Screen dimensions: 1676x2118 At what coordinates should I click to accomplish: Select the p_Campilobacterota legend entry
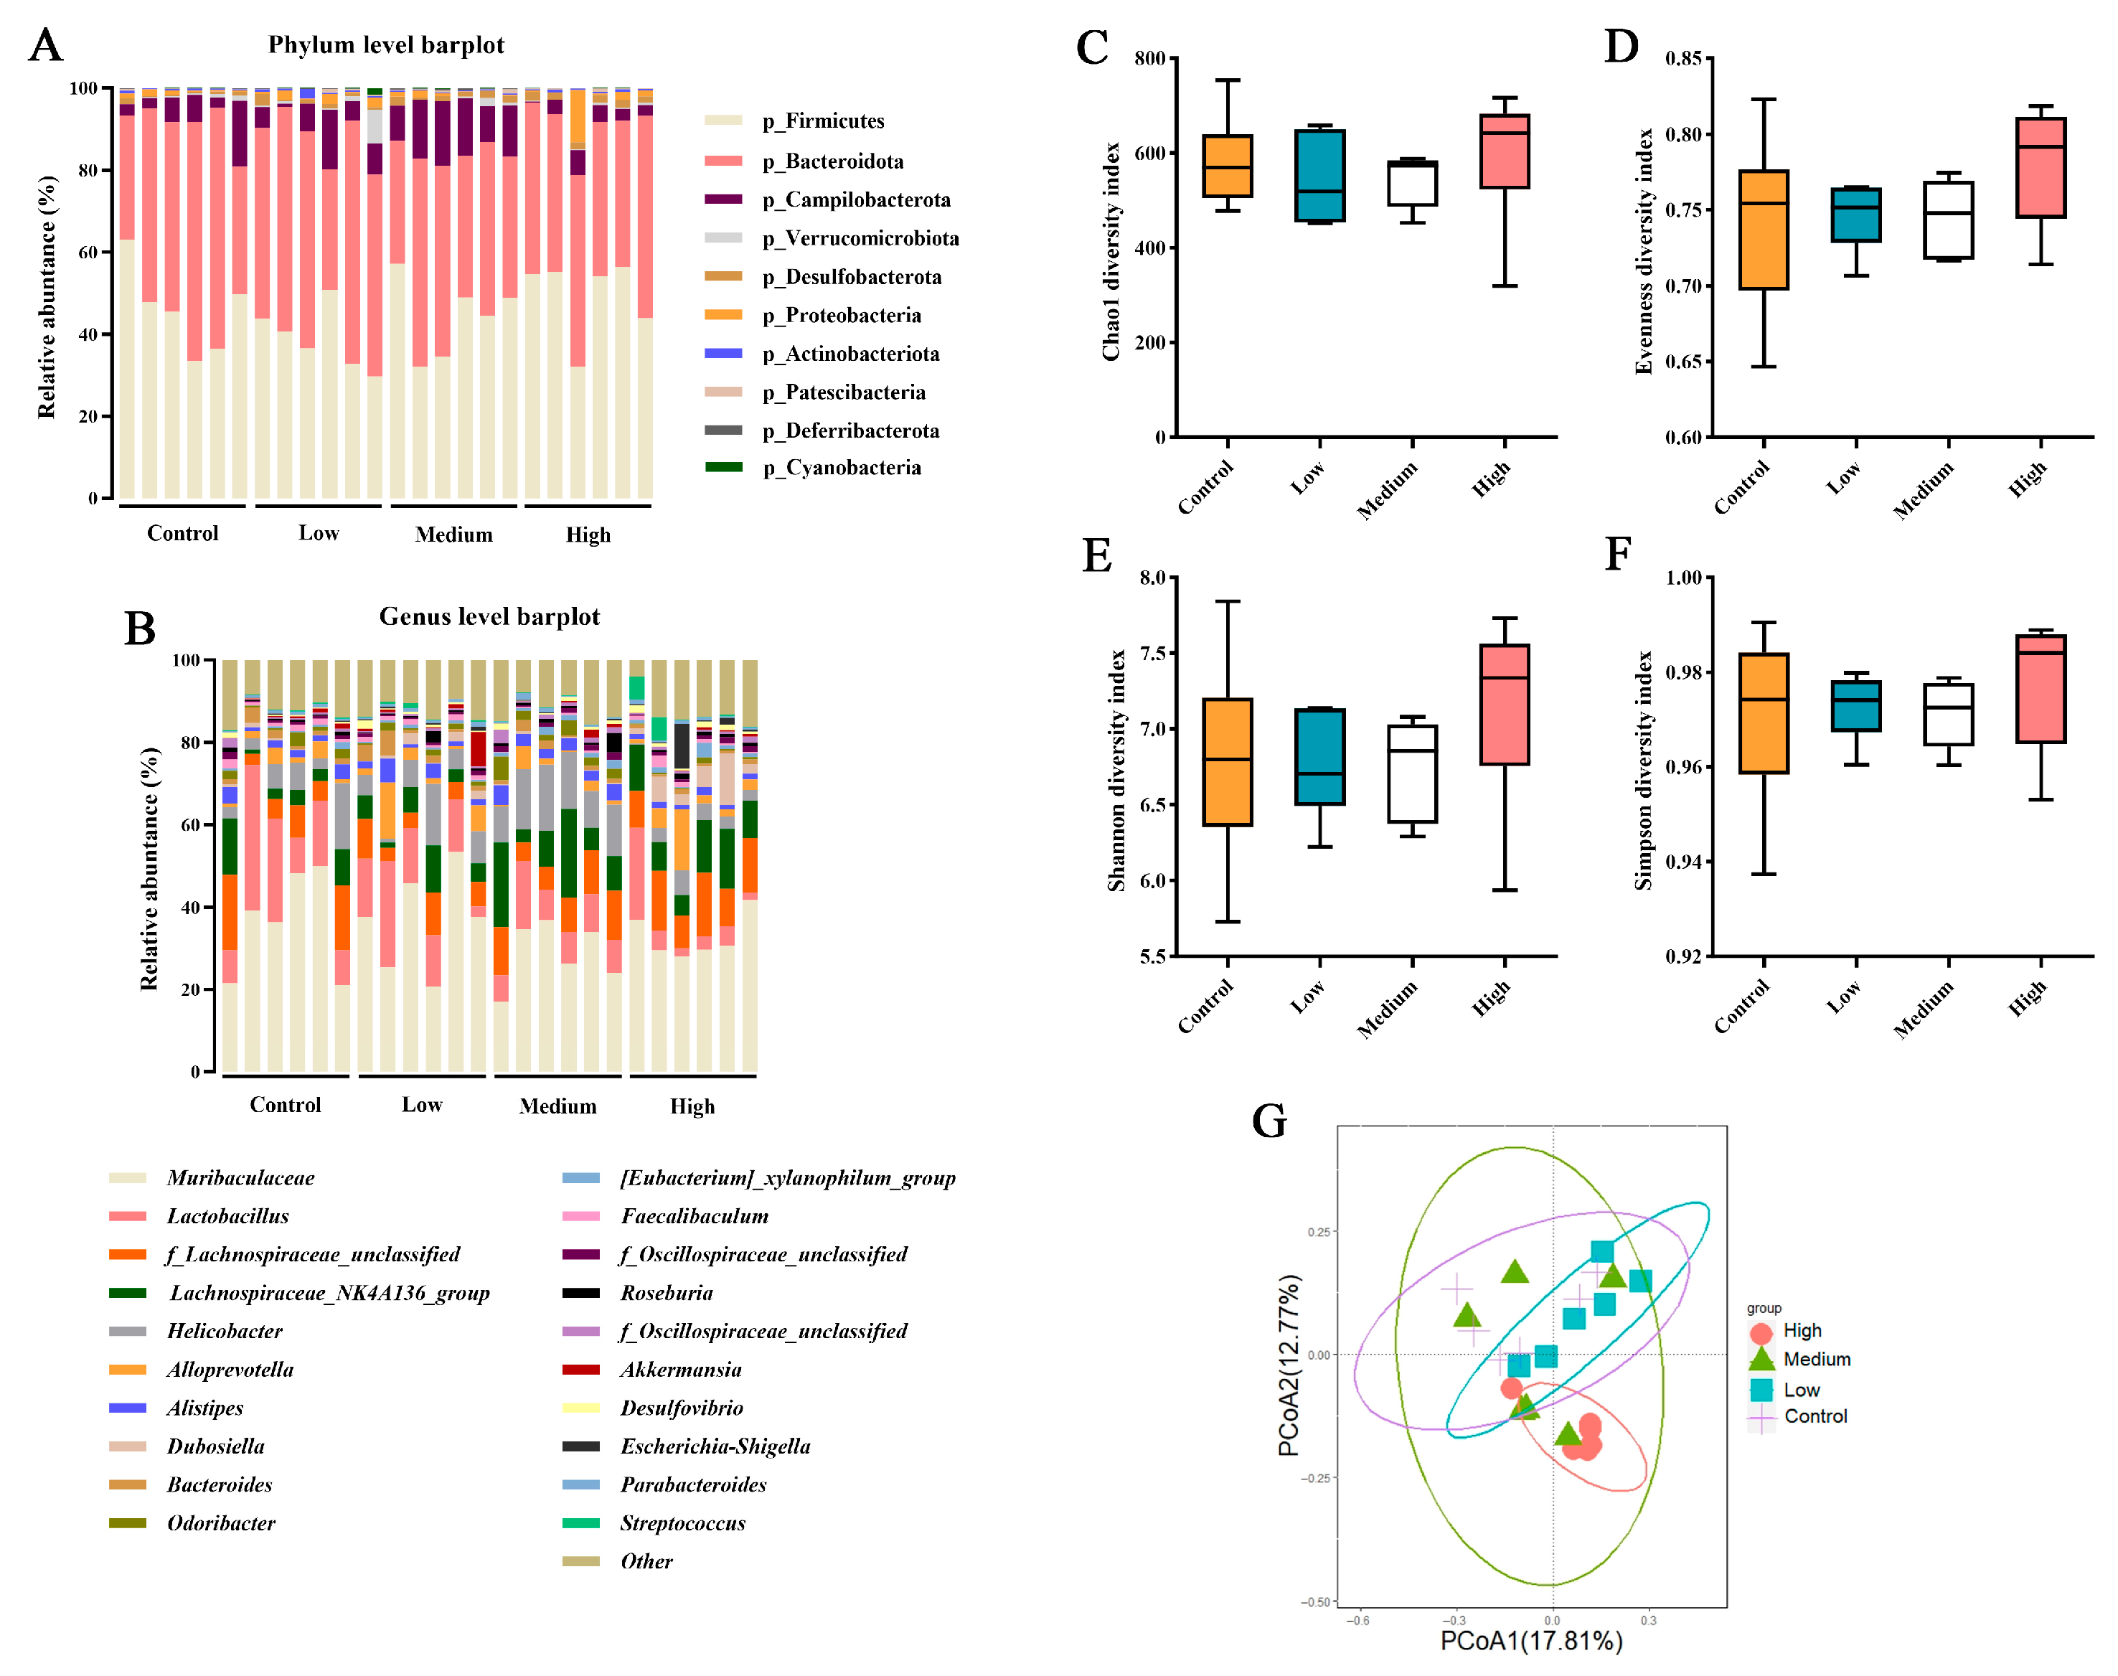tap(867, 200)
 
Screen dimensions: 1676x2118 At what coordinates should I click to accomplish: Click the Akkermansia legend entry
tap(680, 1370)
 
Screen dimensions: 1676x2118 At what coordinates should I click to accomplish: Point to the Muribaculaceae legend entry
tap(240, 1179)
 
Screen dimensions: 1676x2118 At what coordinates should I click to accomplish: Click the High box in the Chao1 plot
tap(1504, 151)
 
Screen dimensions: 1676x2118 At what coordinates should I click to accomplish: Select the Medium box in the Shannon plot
tap(1412, 774)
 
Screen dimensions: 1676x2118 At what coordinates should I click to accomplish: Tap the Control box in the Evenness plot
tap(1763, 230)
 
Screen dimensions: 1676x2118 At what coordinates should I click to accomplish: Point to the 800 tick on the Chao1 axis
tap(1149, 59)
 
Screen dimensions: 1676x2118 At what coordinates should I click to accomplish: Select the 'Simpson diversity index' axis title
tap(1642, 771)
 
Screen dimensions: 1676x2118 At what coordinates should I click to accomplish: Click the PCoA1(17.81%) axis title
tap(1530, 1641)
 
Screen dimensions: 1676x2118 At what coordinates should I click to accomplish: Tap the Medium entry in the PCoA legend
tap(1816, 1360)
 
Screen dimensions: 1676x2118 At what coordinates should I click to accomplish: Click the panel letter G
tap(1269, 1121)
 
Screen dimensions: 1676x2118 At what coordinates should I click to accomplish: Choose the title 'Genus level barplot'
tap(489, 616)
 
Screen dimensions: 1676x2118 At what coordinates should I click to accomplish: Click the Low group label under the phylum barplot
tap(319, 534)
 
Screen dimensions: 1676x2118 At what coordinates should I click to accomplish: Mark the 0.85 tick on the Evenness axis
tap(1683, 59)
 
